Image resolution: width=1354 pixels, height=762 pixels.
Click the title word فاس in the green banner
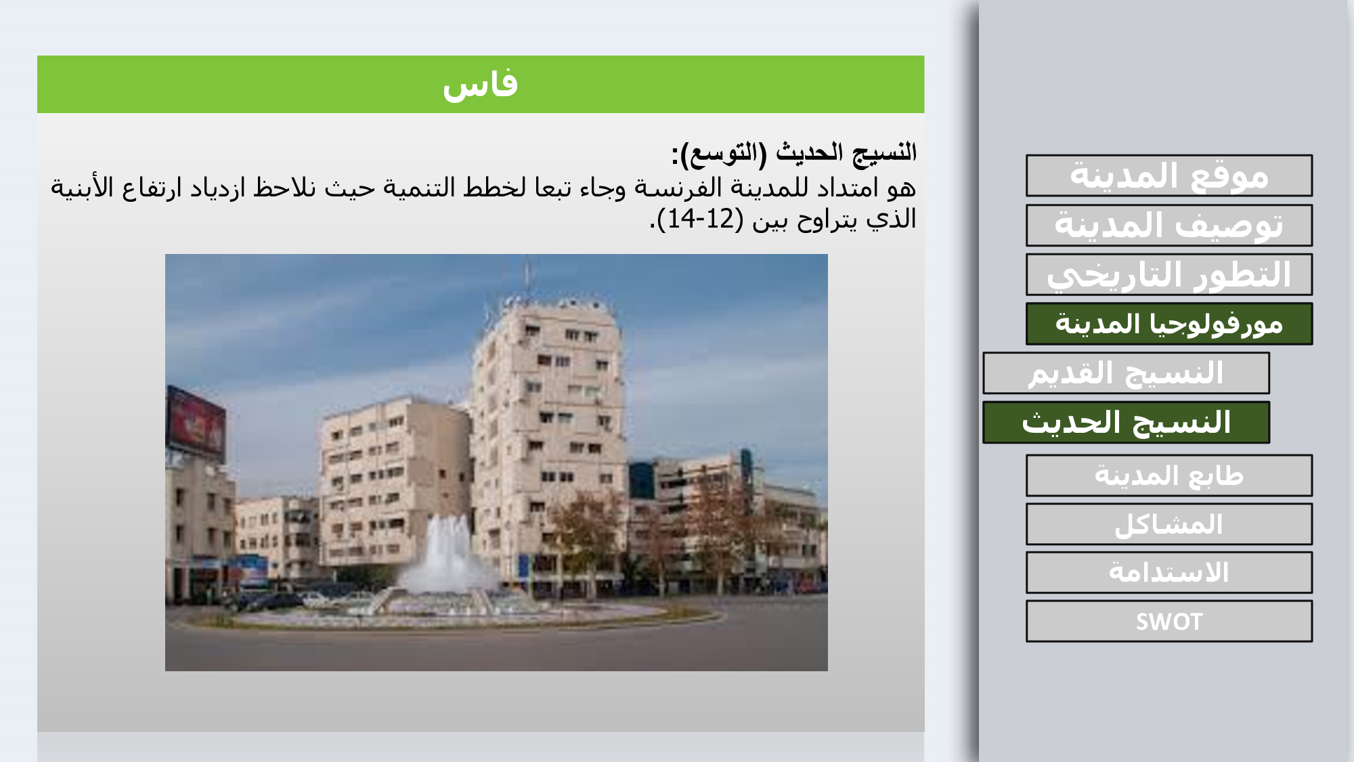[480, 85]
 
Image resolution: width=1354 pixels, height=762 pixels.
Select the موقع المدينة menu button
[1169, 176]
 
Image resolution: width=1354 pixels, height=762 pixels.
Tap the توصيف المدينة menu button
[1169, 226]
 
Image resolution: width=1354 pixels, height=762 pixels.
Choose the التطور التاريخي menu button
[1169, 275]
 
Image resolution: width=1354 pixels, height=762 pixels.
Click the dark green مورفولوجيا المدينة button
[1169, 324]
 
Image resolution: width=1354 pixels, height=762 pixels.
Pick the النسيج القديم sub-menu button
[1126, 373]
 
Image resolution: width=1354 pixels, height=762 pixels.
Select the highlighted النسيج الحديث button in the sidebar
[1126, 423]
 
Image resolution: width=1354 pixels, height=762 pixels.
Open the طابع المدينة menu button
[1169, 475]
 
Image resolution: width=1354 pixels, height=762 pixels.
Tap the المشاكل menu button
[1169, 524]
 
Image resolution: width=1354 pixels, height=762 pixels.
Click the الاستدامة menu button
[1169, 573]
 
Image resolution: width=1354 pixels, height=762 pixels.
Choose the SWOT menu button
[1169, 622]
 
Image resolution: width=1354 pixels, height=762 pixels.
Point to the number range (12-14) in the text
[701, 219]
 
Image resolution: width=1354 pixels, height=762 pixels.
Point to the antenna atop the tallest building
[527, 274]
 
